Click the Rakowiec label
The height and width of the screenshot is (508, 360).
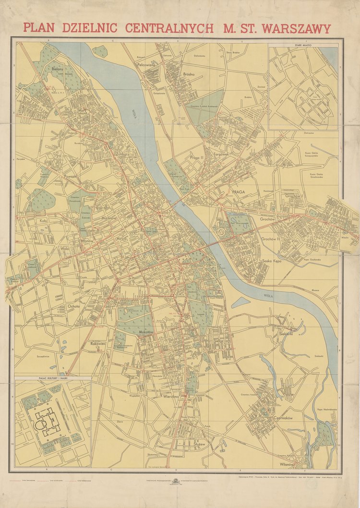pos(98,343)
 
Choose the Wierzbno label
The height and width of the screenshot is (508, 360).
pos(171,397)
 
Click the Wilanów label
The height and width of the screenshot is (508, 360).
pos(286,464)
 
